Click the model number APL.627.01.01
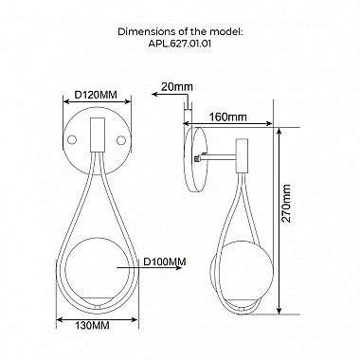[x=179, y=44]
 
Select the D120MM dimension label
[x=96, y=95]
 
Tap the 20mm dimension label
[x=176, y=87]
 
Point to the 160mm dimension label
[x=228, y=117]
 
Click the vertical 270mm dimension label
[x=286, y=204]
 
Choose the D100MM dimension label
[x=165, y=261]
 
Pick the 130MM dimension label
[x=92, y=325]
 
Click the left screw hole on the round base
[x=72, y=139]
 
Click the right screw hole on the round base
[x=120, y=140]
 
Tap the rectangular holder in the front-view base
[x=97, y=135]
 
